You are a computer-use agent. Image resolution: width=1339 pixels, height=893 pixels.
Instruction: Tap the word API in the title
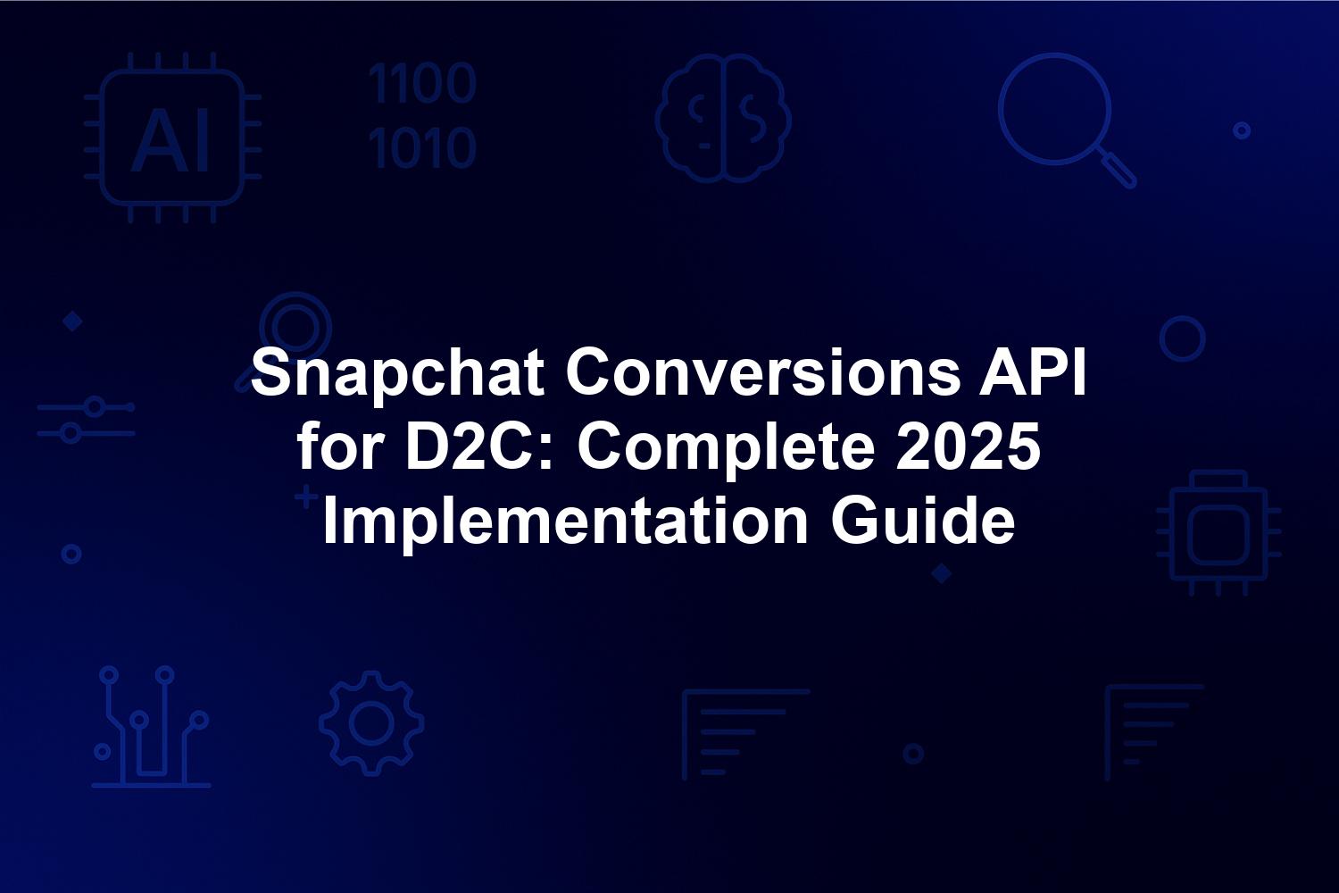pos(1032,372)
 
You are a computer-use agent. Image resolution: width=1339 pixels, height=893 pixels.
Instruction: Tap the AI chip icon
pos(173,138)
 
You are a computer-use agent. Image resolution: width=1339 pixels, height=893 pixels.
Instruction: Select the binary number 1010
pos(422,147)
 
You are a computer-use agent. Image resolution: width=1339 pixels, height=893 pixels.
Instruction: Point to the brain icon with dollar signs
pos(723,118)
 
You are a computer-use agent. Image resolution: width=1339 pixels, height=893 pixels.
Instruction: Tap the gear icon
pos(371,723)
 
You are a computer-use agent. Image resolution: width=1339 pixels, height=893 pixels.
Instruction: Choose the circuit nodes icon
pos(151,727)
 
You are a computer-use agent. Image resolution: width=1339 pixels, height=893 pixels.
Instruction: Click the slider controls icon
pos(86,420)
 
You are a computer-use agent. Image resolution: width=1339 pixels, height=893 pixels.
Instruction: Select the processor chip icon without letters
pos(1218,533)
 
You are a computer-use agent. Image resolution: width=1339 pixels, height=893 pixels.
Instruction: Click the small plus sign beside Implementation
pos(307,497)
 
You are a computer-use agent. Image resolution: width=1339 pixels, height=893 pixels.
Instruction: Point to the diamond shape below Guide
pos(942,573)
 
